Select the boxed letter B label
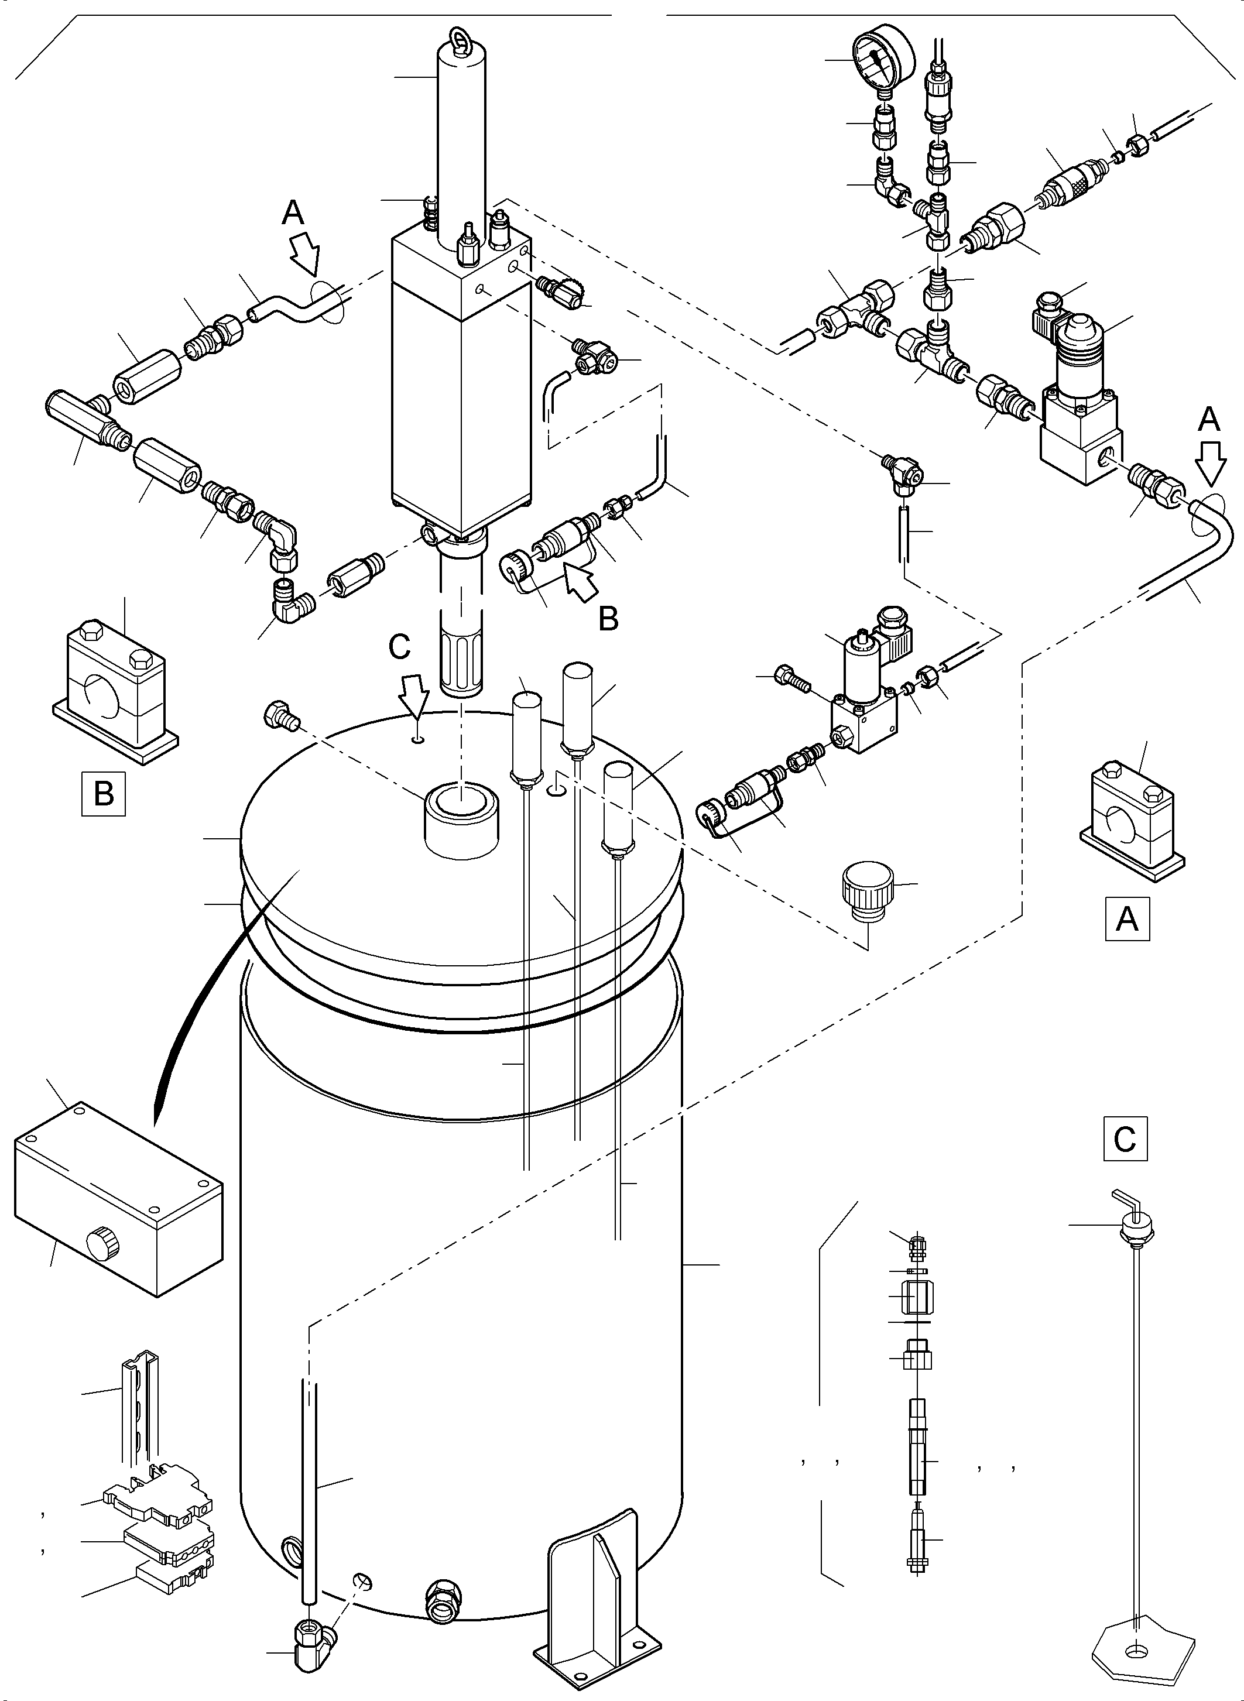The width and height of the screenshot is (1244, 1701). click(x=104, y=794)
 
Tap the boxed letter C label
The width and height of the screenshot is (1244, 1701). click(x=1125, y=1138)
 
